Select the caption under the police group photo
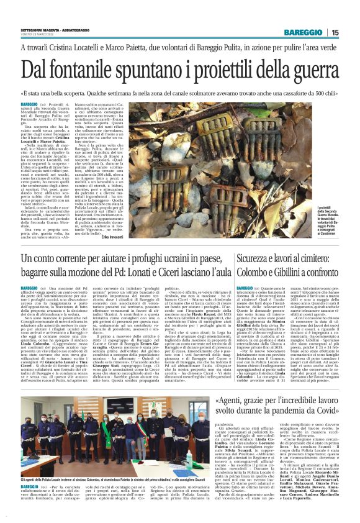pos(93,480)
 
